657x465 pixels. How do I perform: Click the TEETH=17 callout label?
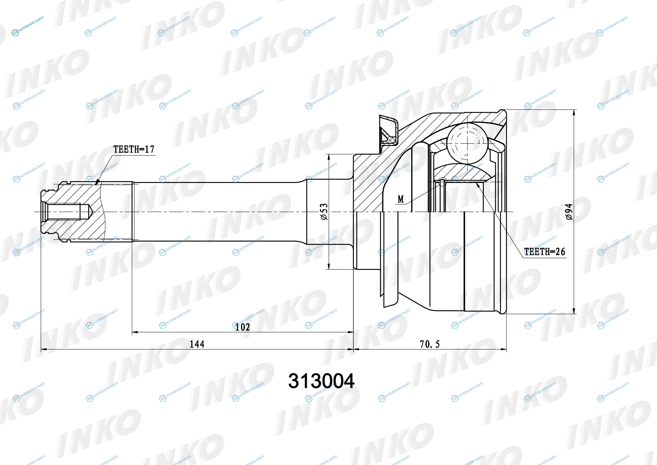(x=134, y=149)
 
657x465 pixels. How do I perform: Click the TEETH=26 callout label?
(x=545, y=252)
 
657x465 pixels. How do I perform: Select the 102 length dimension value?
(x=242, y=327)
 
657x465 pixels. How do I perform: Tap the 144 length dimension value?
(x=197, y=344)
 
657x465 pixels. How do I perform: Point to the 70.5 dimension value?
(x=429, y=344)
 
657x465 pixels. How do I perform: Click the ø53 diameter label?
(x=324, y=212)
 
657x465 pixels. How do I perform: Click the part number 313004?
(x=321, y=381)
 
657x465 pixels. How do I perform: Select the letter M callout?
(x=401, y=199)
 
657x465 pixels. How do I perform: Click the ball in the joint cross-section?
(x=467, y=143)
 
